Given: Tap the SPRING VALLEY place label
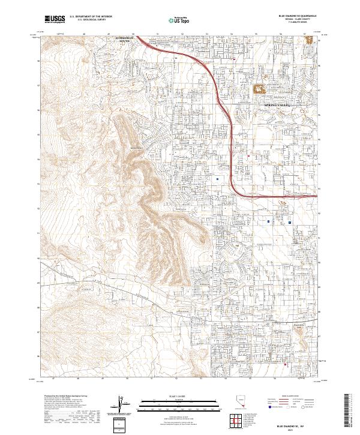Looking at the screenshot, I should coord(277,105).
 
